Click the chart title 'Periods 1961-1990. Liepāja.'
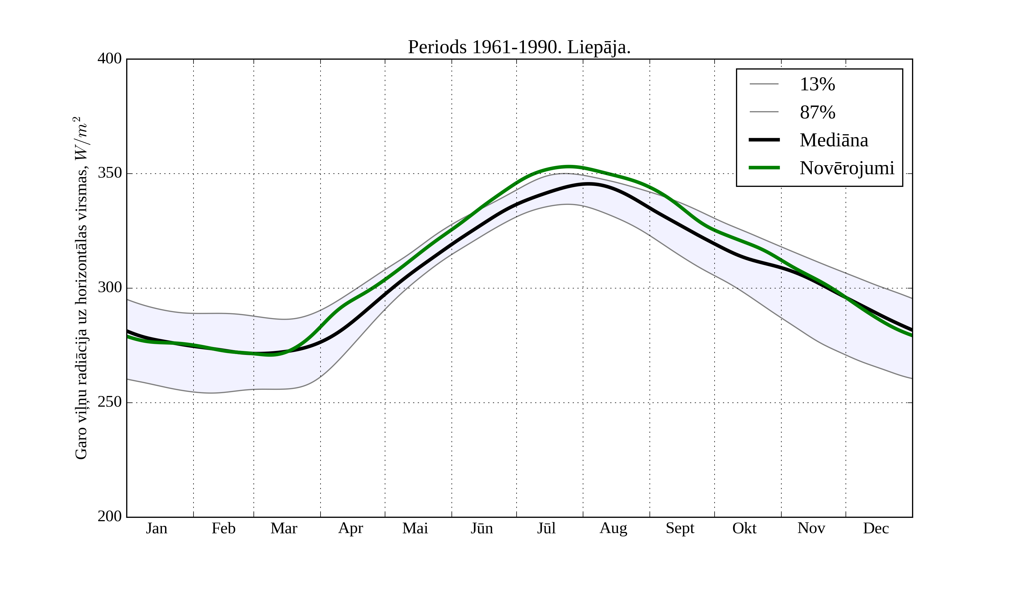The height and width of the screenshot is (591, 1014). point(519,48)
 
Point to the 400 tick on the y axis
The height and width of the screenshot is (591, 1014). point(110,59)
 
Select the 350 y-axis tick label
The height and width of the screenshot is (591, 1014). point(110,173)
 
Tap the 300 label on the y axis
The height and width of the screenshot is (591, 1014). point(110,288)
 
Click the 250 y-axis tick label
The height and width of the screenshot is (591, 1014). point(110,402)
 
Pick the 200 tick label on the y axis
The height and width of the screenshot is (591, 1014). point(110,517)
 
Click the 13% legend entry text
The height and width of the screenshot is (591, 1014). point(817,84)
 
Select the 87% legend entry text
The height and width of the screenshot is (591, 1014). point(817,112)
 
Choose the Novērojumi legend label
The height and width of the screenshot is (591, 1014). point(847,168)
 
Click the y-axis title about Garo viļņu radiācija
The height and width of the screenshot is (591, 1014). point(81,288)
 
